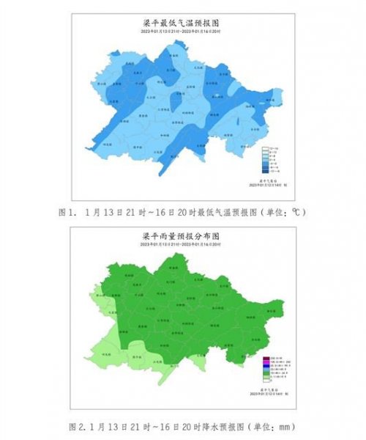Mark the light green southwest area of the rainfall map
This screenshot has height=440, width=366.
point(110,345)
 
